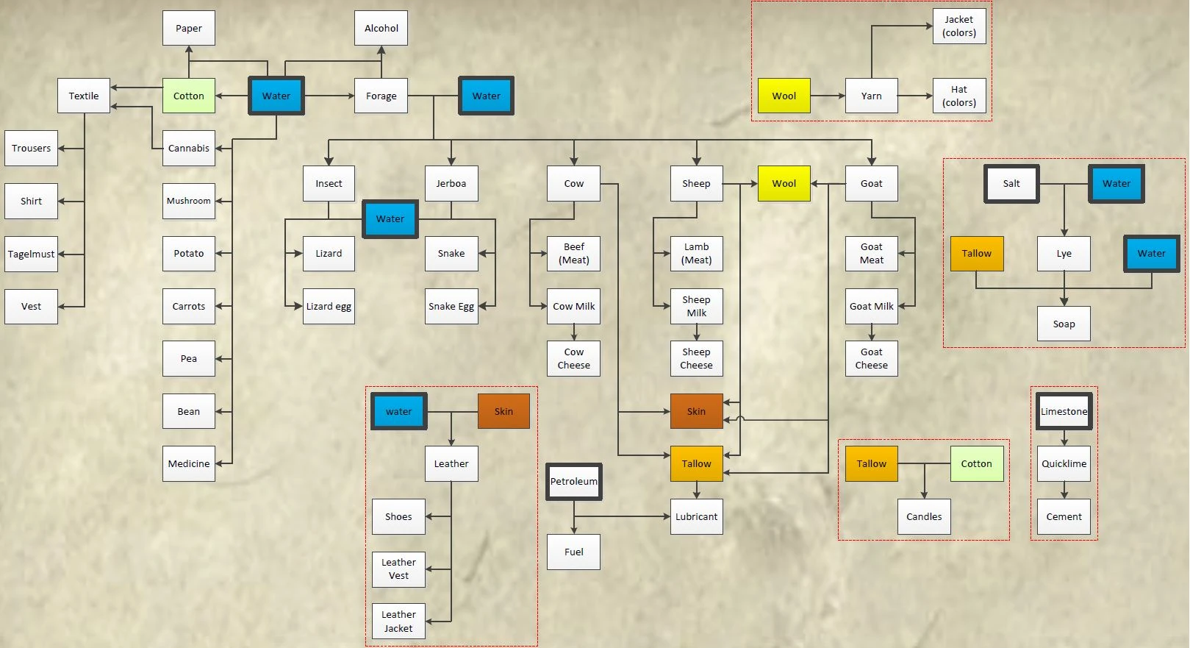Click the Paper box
[189, 29]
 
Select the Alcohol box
[381, 29]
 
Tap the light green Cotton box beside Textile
[189, 96]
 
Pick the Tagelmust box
[31, 254]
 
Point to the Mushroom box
[189, 201]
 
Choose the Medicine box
[189, 463]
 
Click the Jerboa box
[451, 183]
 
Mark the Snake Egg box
[451, 306]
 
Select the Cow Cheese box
[573, 358]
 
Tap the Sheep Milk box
[696, 306]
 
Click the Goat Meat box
[872, 253]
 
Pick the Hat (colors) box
[959, 96]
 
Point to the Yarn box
[872, 96]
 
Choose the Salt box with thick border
[1011, 183]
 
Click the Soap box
[1064, 324]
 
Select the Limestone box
[1064, 411]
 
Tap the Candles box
[924, 516]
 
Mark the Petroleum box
[573, 481]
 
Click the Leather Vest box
[398, 569]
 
